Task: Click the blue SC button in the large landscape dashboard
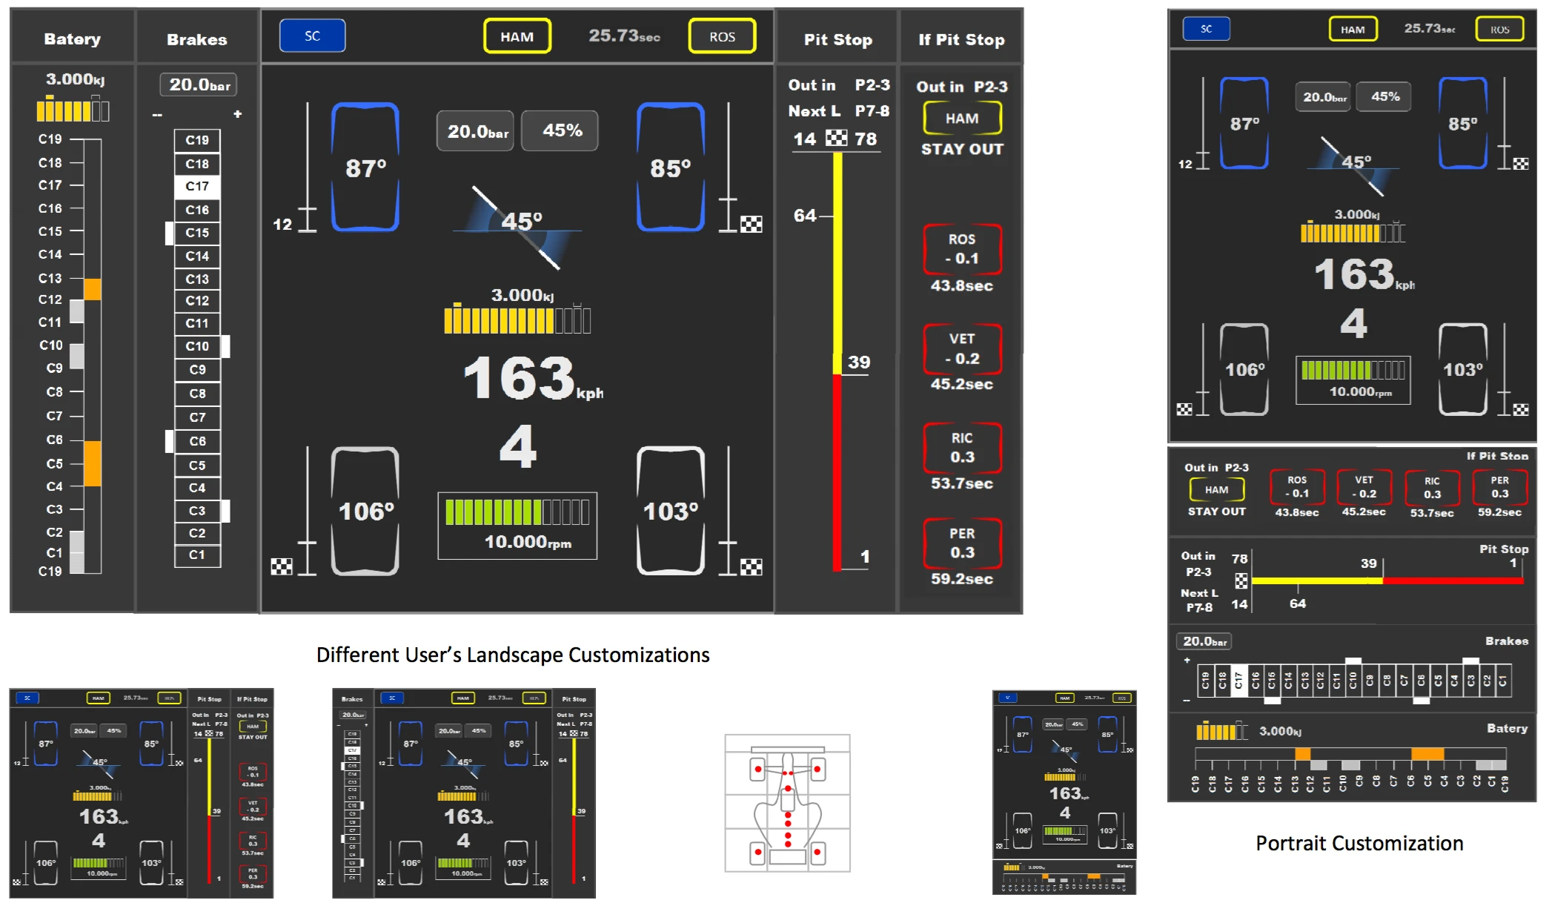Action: coord(312,36)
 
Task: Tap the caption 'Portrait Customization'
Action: coord(1358,843)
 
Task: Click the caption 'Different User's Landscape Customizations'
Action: coord(513,655)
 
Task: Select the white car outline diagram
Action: coord(787,804)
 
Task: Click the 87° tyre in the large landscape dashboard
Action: coord(365,168)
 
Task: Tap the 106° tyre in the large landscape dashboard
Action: coord(365,512)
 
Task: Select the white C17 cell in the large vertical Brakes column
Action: coord(197,186)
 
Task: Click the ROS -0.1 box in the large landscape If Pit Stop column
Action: coord(962,249)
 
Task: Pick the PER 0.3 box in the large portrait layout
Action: coord(1499,487)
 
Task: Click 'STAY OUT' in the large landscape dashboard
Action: coord(962,149)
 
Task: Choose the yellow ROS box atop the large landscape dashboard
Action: coord(722,36)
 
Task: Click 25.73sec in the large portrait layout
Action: coord(1429,28)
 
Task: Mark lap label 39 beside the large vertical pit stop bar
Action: coord(858,362)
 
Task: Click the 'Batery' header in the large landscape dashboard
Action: coord(72,39)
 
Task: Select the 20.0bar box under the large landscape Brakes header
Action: coord(199,85)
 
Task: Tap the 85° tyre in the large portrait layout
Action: coord(1462,124)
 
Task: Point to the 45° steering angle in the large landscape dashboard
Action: coord(522,221)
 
